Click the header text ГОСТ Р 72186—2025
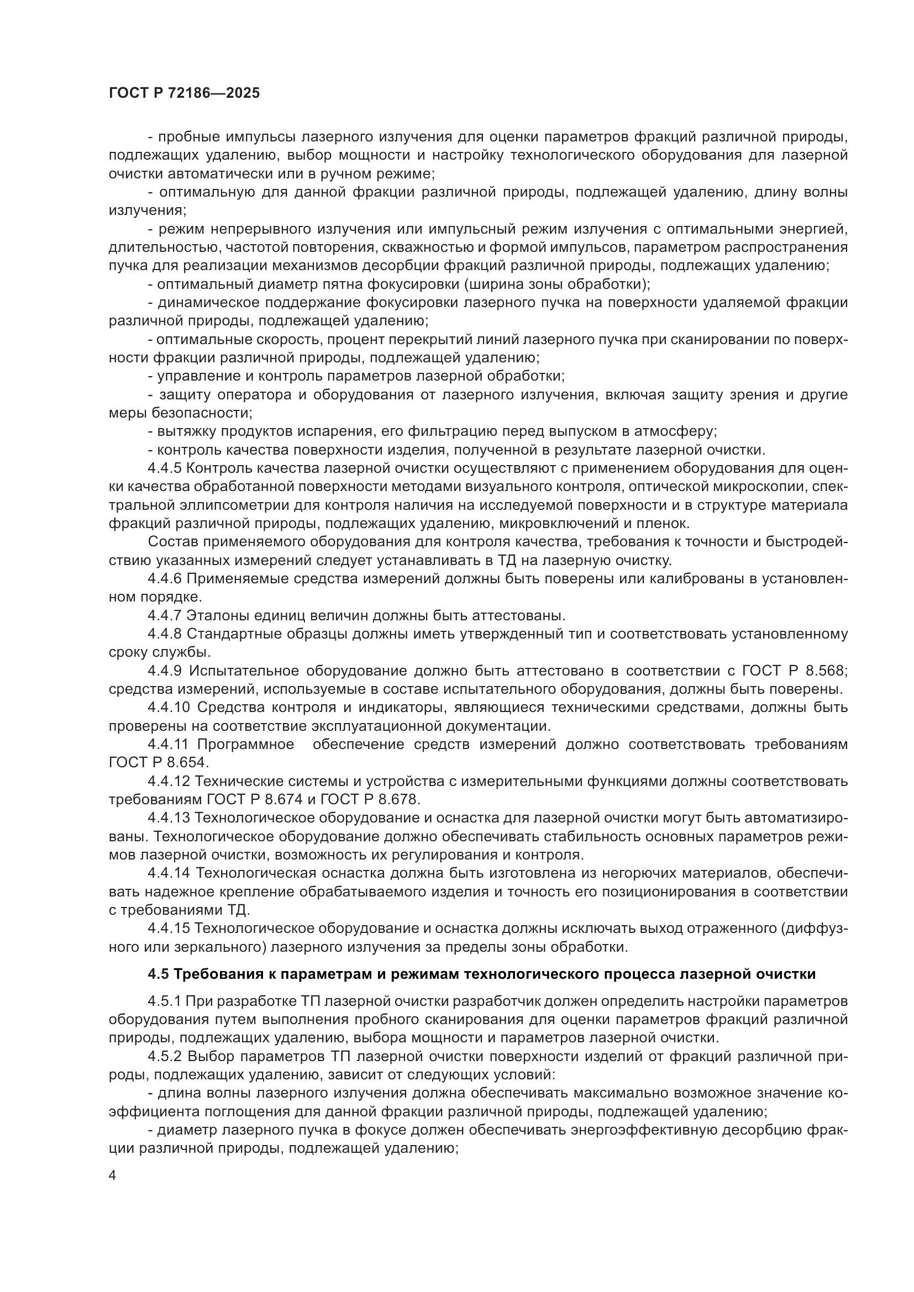point(184,93)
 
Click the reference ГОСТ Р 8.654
point(159,762)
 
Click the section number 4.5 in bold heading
point(158,974)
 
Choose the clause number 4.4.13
point(169,818)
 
